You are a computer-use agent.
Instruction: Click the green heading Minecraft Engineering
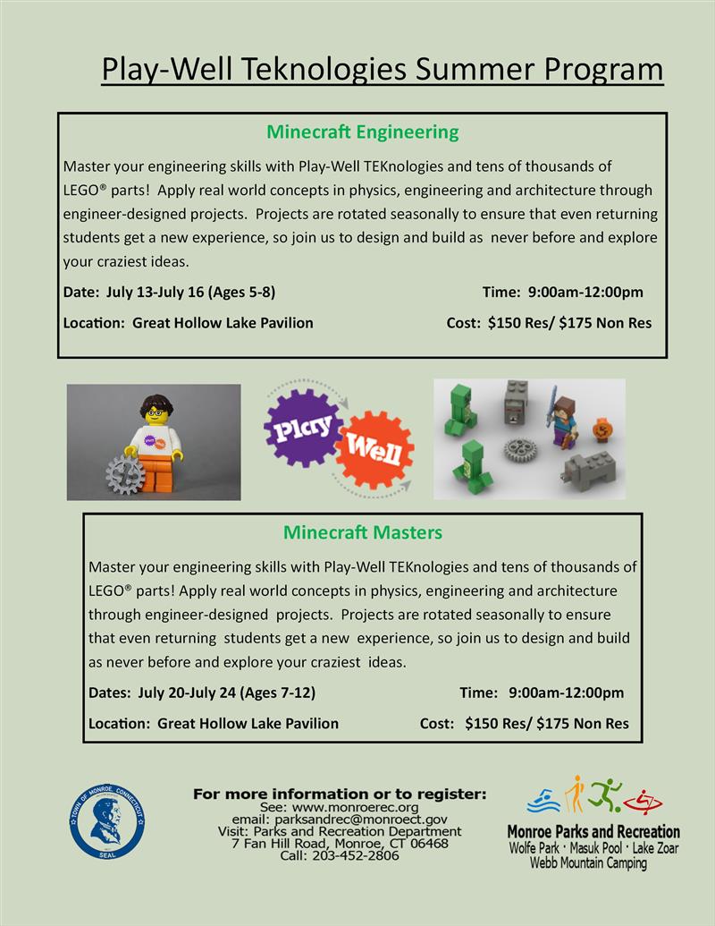click(x=362, y=132)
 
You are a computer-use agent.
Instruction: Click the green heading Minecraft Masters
click(x=362, y=533)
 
